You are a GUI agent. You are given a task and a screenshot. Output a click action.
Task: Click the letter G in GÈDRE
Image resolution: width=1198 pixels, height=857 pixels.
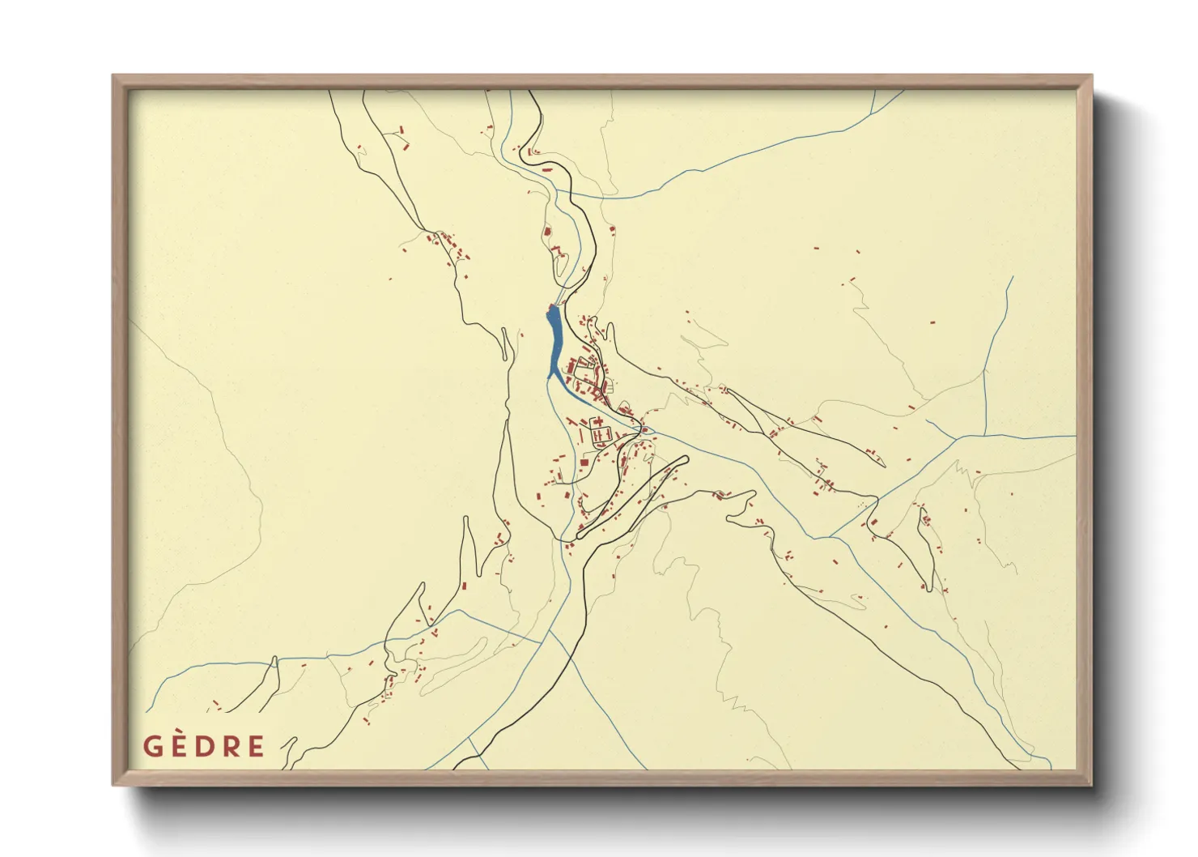[x=154, y=746]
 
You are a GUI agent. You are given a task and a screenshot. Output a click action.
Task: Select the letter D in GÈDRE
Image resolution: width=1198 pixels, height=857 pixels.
[x=206, y=746]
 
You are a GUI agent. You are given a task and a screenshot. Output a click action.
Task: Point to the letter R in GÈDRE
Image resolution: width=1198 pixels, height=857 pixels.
[x=232, y=746]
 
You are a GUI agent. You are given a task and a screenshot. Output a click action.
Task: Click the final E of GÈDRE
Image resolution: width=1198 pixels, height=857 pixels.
[x=256, y=746]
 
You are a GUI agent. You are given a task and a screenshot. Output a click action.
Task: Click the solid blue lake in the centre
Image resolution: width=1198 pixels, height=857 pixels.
[x=555, y=344]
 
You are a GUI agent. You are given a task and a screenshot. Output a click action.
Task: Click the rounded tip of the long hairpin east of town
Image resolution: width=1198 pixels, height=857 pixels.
[x=685, y=459]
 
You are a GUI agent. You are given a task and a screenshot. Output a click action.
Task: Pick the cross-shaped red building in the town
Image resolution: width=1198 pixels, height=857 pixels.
[x=601, y=436]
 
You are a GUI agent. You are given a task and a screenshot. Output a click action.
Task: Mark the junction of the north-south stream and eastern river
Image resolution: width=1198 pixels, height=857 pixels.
[x=985, y=436]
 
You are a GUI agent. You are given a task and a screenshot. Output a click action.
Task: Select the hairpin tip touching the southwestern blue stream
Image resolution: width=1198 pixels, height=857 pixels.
[x=274, y=660]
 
